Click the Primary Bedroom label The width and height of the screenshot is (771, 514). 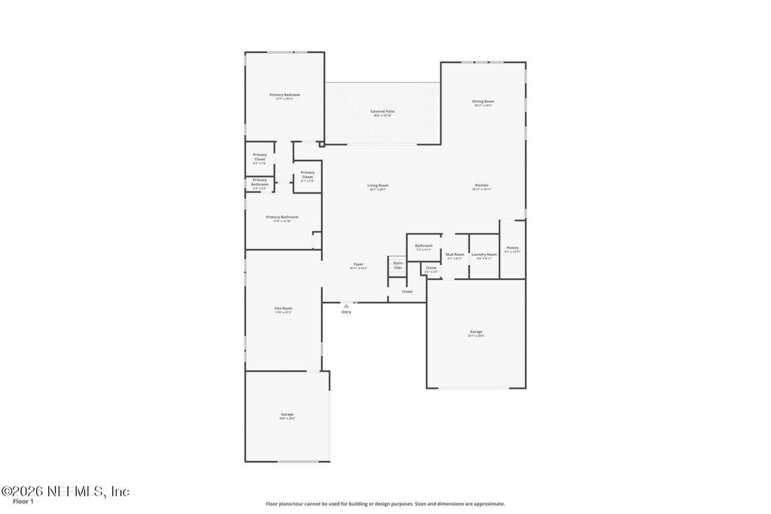click(x=284, y=95)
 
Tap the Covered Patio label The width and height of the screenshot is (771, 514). click(x=382, y=112)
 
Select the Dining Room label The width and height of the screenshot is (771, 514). click(x=483, y=102)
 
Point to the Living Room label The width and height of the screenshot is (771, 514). click(x=378, y=186)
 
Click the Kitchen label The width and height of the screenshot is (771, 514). click(x=481, y=186)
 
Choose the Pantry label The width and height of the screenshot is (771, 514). click(x=513, y=248)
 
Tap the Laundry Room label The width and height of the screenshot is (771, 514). click(x=484, y=255)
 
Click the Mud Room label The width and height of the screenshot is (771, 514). click(x=455, y=255)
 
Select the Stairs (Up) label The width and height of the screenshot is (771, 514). click(x=398, y=265)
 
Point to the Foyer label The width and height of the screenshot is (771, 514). click(x=358, y=265)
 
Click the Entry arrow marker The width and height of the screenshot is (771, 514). click(x=346, y=306)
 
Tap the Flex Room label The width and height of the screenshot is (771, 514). click(x=283, y=309)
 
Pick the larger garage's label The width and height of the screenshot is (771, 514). click(x=476, y=332)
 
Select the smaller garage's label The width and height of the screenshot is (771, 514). click(x=287, y=415)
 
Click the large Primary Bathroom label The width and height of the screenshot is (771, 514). click(x=282, y=217)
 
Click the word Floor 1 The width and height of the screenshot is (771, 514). click(x=23, y=501)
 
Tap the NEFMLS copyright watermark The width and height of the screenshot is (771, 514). click(x=65, y=491)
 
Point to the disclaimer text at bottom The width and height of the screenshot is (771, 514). click(x=385, y=504)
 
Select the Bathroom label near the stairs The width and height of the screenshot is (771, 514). click(x=423, y=246)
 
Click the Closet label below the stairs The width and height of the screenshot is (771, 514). click(x=407, y=292)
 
